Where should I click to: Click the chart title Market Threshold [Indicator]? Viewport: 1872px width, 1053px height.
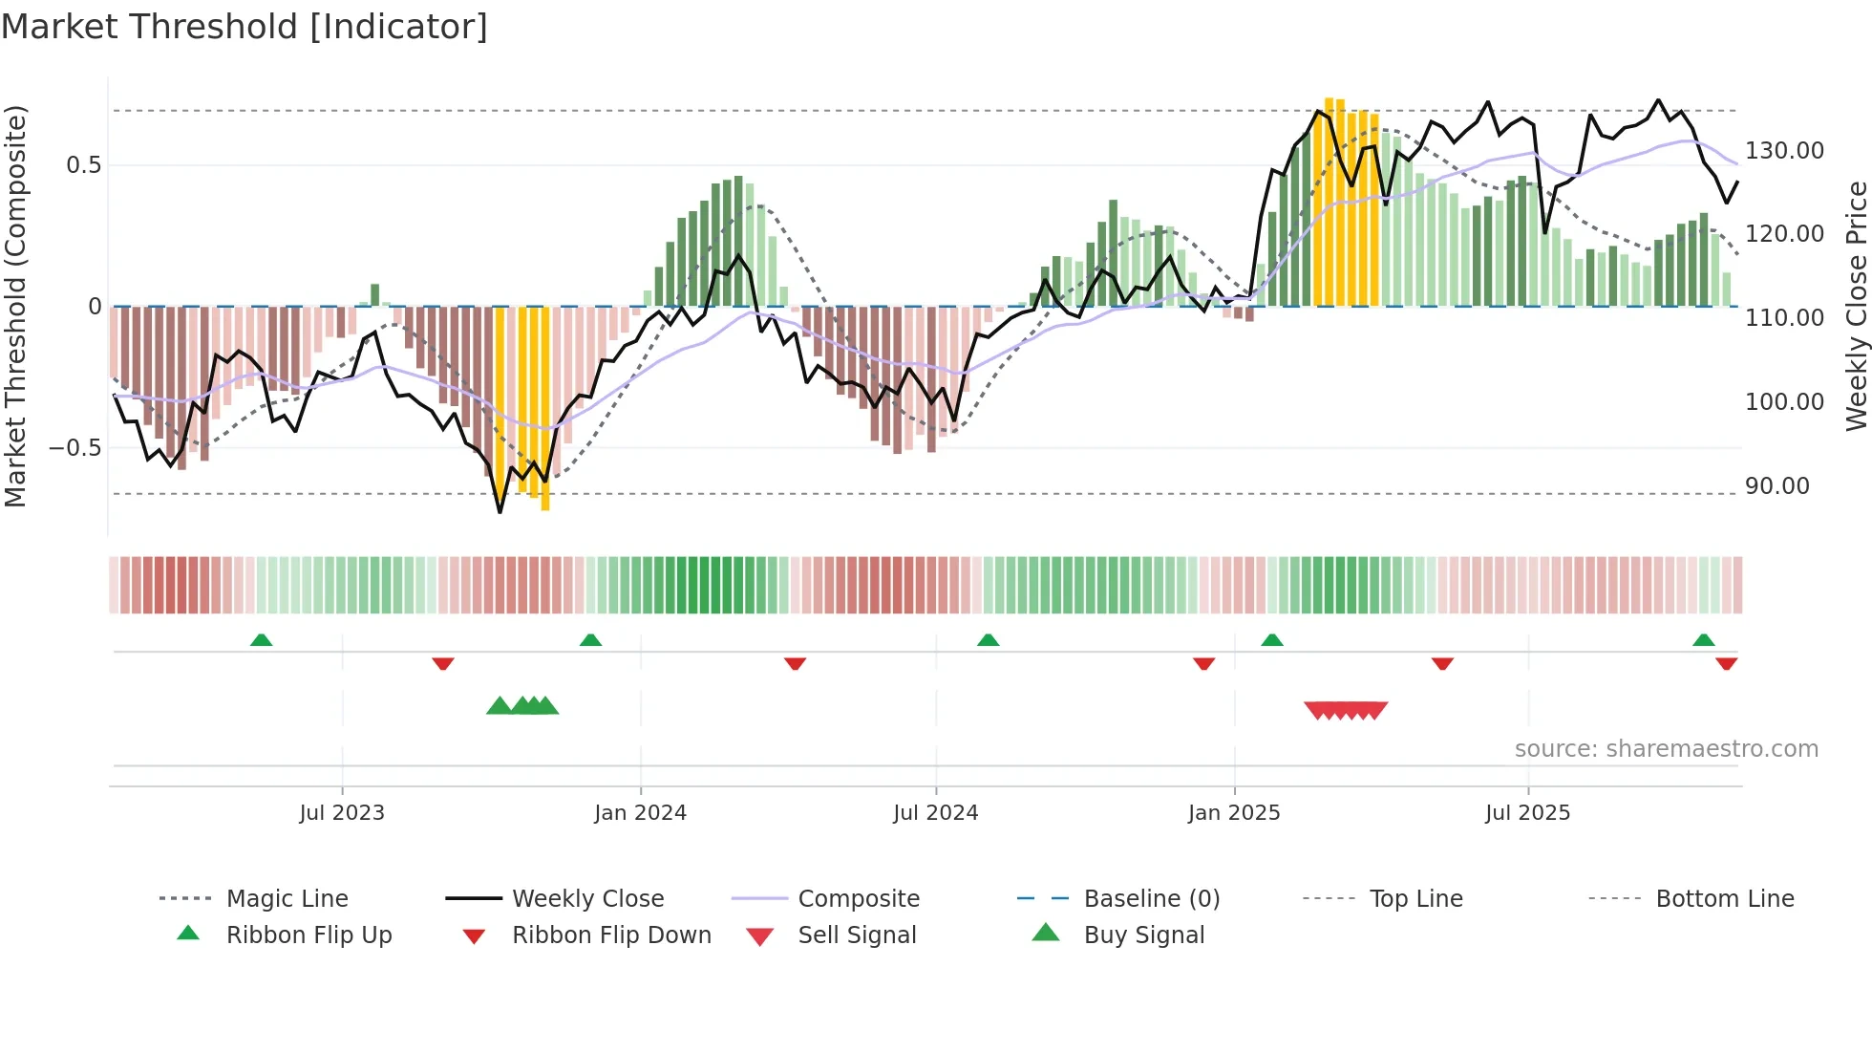click(x=245, y=27)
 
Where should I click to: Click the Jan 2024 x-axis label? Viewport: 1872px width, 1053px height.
click(x=640, y=813)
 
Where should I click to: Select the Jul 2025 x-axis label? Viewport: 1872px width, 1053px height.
click(x=1527, y=813)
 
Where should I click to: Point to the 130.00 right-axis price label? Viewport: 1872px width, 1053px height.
click(x=1784, y=151)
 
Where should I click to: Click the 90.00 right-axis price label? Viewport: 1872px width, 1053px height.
click(x=1776, y=486)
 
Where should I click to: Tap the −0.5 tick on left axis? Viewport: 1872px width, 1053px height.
click(x=75, y=448)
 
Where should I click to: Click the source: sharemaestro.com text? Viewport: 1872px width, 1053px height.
click(x=1666, y=749)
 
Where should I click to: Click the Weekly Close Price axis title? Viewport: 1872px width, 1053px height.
click(x=1856, y=306)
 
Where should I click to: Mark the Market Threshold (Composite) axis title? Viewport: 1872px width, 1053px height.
click(x=15, y=306)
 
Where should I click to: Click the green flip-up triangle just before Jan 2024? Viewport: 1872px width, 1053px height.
click(x=590, y=640)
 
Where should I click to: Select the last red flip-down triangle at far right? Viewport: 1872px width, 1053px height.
click(x=1726, y=663)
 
